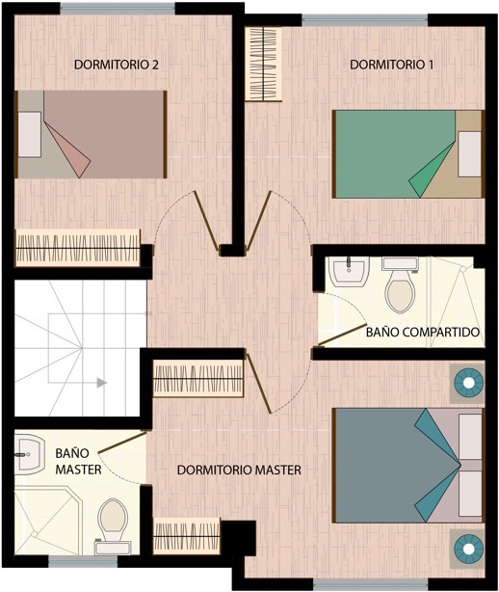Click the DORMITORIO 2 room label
click(117, 65)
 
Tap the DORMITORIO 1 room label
click(391, 65)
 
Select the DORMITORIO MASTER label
click(239, 471)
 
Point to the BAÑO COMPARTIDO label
click(423, 332)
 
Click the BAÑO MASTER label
click(78, 461)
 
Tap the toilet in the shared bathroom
click(400, 285)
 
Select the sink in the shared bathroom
click(349, 272)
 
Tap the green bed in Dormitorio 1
click(408, 154)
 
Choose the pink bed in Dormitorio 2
click(91, 134)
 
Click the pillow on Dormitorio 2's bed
click(30, 134)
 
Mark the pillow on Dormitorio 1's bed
click(469, 154)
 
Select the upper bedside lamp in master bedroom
click(468, 383)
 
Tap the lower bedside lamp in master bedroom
click(468, 549)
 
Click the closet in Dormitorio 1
click(264, 64)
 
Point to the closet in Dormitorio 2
click(78, 248)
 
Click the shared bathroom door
click(343, 335)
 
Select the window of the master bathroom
click(84, 562)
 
